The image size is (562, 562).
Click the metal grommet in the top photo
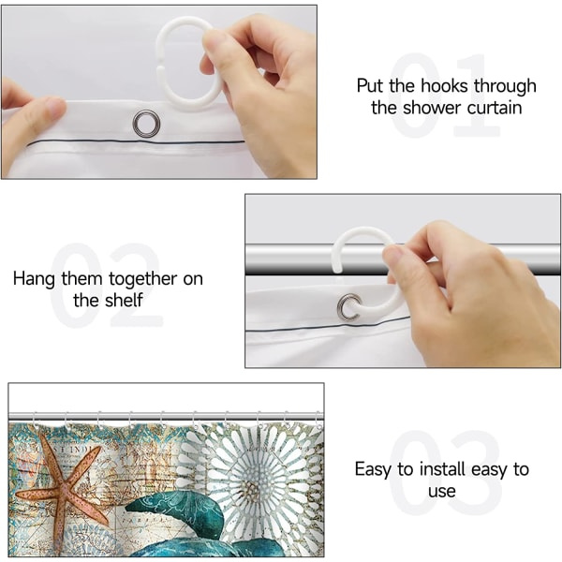tap(146, 123)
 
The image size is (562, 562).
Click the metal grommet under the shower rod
tap(348, 307)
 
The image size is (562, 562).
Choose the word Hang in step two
tap(34, 279)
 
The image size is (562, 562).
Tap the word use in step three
tap(442, 492)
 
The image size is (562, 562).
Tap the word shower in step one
tap(432, 109)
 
